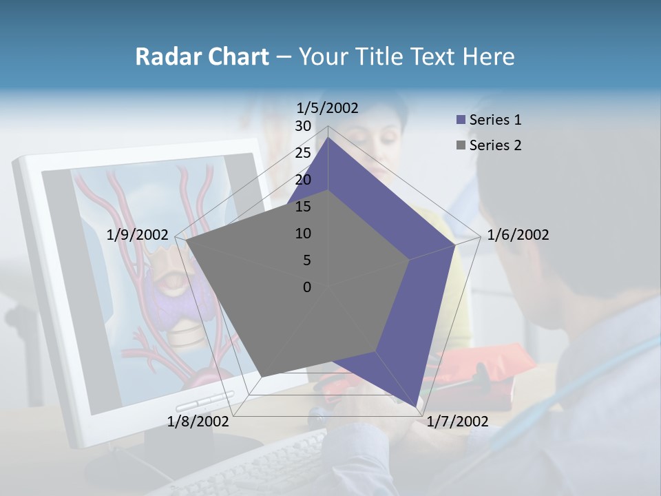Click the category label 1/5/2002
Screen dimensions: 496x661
(x=328, y=107)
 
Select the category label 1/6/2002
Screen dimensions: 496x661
(x=518, y=235)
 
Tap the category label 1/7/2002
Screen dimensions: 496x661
(x=457, y=422)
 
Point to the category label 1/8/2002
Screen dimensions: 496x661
(x=198, y=422)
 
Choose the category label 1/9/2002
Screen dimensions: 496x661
(x=138, y=235)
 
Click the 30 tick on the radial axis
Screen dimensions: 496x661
(x=303, y=126)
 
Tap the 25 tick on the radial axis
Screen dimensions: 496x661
(x=303, y=153)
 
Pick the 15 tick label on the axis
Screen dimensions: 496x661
(x=303, y=207)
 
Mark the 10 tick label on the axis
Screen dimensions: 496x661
(x=303, y=234)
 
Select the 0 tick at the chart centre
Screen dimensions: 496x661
(x=307, y=287)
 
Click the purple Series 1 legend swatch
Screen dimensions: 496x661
(x=461, y=120)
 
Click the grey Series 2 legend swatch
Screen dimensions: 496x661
(x=461, y=145)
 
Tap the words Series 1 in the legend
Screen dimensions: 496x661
(x=495, y=120)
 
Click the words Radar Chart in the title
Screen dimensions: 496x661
(x=202, y=56)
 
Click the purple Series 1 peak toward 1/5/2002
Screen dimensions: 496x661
(x=328, y=137)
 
